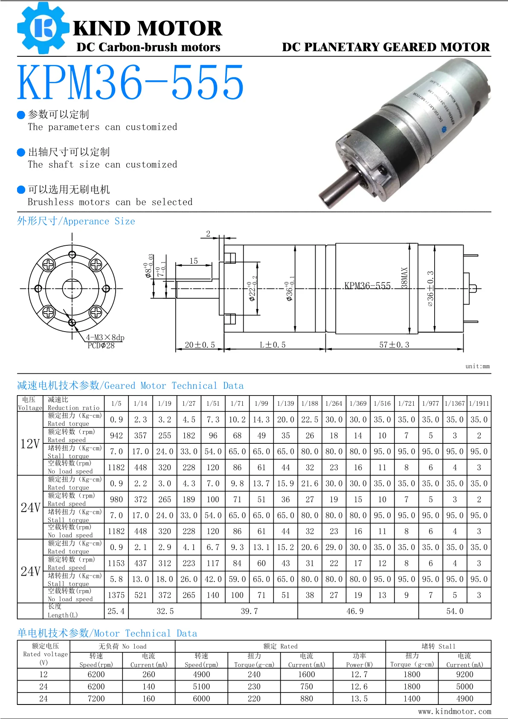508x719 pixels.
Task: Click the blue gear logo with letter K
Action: point(43,28)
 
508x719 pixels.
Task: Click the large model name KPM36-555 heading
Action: point(131,82)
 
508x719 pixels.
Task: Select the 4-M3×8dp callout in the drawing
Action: point(105,338)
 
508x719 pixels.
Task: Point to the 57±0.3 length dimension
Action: point(394,345)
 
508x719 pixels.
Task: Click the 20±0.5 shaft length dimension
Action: point(200,345)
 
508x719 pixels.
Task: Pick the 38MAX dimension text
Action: point(405,278)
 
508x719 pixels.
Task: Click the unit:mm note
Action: point(477,366)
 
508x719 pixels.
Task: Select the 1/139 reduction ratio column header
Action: point(285,403)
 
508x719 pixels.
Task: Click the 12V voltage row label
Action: point(30,444)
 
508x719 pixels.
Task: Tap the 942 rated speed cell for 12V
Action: point(116,435)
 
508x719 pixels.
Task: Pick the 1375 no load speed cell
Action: point(116,595)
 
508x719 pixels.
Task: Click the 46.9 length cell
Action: point(355,611)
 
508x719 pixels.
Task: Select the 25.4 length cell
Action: point(116,611)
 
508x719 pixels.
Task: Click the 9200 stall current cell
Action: point(464,674)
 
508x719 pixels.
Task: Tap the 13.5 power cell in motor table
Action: point(359,699)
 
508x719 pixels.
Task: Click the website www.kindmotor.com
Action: point(454,711)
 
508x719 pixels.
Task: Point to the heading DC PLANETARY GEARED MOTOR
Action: point(386,47)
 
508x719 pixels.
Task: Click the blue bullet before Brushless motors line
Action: point(21,190)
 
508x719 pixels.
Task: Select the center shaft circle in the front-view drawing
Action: point(72,288)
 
